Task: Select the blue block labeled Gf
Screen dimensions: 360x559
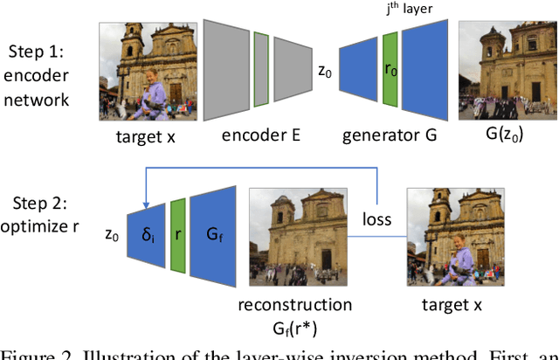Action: [x=215, y=235]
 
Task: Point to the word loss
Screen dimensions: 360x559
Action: [x=377, y=221]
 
